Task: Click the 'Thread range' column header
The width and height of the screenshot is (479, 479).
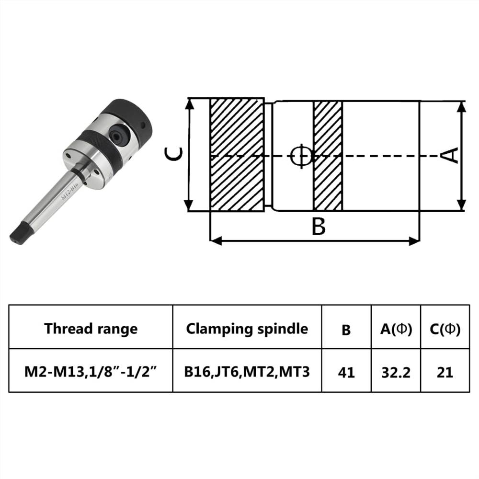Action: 91,329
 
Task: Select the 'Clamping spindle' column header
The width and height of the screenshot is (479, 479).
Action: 247,329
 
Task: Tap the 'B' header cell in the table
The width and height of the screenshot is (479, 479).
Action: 346,330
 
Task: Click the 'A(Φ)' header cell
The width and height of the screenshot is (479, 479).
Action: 396,329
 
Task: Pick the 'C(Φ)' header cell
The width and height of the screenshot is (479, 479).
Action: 445,329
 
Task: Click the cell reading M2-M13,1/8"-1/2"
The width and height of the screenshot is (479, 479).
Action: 91,372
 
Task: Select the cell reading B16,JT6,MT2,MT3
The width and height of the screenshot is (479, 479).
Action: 247,372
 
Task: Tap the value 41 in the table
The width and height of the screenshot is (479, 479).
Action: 346,372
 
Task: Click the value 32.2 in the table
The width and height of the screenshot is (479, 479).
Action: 396,372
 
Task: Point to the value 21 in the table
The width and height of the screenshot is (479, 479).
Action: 445,372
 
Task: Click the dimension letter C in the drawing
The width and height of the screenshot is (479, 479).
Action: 173,155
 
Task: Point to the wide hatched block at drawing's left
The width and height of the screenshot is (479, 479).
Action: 237,155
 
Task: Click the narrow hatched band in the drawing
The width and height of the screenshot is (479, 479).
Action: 328,155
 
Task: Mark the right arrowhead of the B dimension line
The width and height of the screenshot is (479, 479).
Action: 415,241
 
